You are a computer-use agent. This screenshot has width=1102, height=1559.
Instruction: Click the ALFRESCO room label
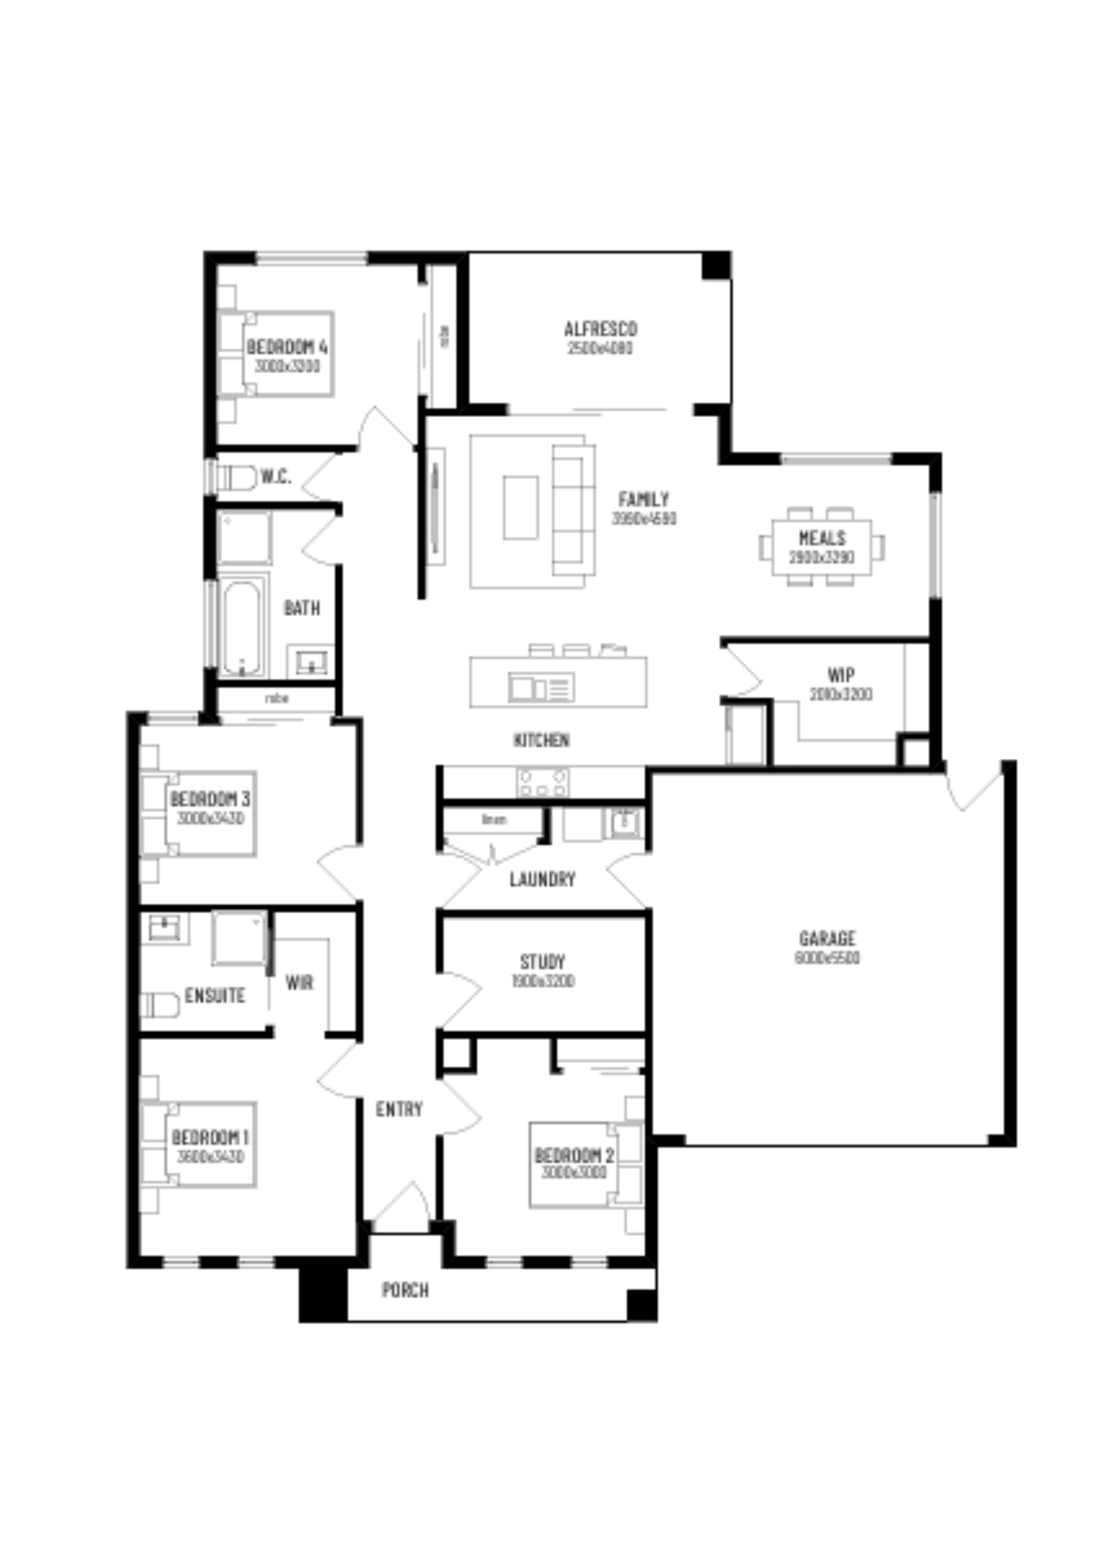click(600, 329)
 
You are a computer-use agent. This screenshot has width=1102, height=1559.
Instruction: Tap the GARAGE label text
click(827, 939)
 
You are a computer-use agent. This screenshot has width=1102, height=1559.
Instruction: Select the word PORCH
click(405, 1290)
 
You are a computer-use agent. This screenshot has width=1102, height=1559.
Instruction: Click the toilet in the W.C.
click(236, 477)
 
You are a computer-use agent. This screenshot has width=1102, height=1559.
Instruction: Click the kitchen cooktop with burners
click(542, 781)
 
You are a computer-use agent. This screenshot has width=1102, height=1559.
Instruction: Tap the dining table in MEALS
click(821, 547)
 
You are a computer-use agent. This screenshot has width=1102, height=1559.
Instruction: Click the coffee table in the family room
click(521, 507)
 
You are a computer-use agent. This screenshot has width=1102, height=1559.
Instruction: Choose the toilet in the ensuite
click(160, 1005)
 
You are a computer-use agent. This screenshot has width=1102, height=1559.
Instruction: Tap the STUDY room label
click(542, 962)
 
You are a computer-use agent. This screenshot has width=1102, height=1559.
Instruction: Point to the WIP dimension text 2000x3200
click(841, 695)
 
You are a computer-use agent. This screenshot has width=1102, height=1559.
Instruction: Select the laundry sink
click(624, 822)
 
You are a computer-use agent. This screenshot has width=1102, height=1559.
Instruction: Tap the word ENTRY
click(399, 1109)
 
